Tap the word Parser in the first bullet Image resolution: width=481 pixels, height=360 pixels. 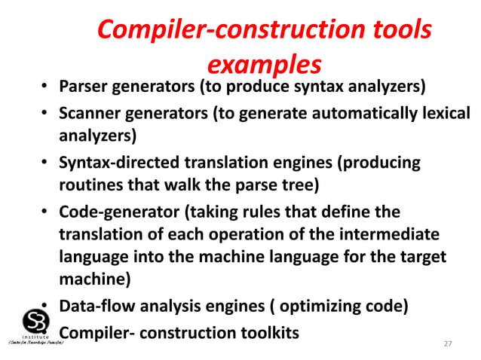click(84, 87)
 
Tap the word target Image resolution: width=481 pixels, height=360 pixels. click(424, 257)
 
